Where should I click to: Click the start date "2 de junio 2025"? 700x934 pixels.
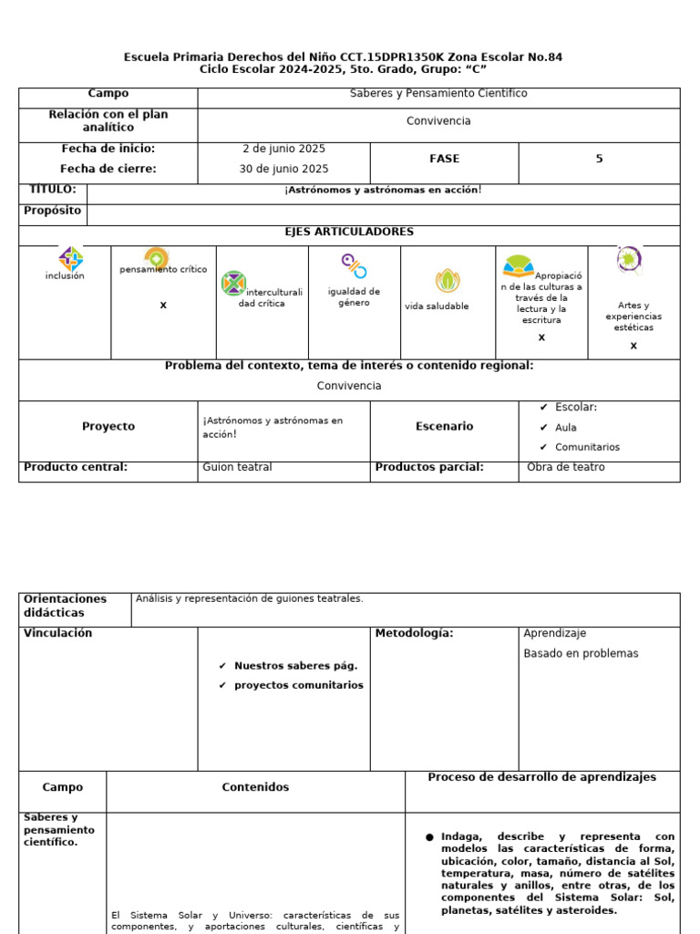coord(283,149)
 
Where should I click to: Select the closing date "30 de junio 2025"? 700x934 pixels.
coord(283,169)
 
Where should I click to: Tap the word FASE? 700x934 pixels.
coord(444,159)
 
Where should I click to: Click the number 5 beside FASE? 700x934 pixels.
coord(599,159)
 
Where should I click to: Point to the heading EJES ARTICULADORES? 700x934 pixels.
coord(349,232)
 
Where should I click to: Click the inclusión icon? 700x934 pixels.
coord(70,259)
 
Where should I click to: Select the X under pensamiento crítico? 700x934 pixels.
coord(163,305)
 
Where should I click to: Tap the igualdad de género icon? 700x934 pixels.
coord(354,265)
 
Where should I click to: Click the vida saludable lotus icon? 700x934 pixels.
coord(447,281)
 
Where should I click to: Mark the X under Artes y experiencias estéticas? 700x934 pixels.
coord(633,346)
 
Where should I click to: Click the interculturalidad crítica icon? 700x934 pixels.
coord(234,284)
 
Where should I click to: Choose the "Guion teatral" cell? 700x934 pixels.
coord(237,467)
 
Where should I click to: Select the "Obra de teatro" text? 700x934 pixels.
coord(565,467)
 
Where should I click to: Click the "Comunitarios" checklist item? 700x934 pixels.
coord(586,447)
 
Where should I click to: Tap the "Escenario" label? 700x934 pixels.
coord(444,426)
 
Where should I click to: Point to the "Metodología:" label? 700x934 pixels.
coord(414,633)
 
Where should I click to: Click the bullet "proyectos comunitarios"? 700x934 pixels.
coord(298,685)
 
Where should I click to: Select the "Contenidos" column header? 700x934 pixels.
coord(255,787)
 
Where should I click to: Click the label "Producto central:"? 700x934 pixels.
coord(76,467)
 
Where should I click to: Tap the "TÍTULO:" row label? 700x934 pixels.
coord(53,190)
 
